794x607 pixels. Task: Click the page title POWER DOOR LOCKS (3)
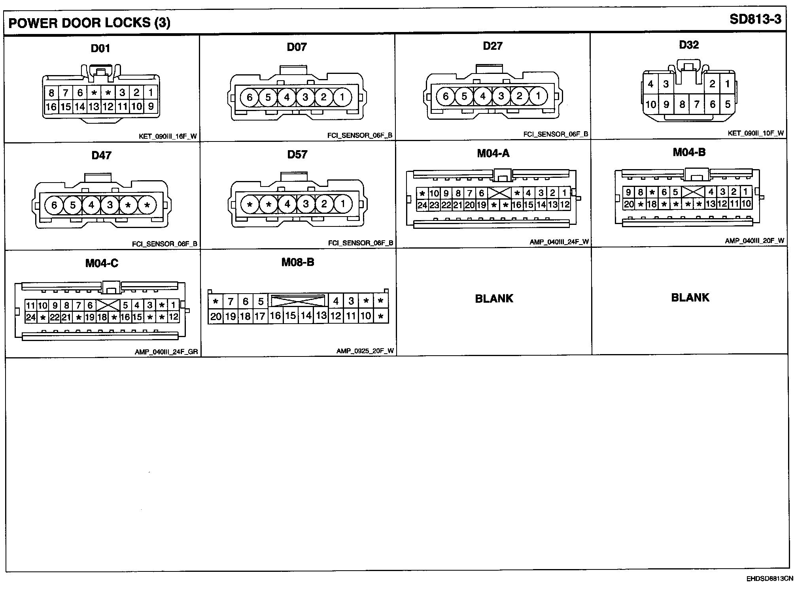(89, 23)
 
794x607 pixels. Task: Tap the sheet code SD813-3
(755, 19)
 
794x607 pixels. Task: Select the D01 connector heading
(100, 48)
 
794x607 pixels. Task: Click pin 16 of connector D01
(51, 106)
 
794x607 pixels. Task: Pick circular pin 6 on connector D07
(250, 97)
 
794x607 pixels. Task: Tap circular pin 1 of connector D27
(538, 96)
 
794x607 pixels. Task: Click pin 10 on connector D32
(650, 104)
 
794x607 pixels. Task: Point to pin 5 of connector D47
(73, 205)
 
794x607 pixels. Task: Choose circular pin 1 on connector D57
(342, 204)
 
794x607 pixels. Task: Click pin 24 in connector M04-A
(422, 205)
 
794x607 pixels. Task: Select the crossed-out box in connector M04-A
(499, 193)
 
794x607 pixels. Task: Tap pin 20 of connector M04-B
(629, 204)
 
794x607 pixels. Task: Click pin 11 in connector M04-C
(30, 305)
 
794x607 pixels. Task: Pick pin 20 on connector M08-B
(216, 317)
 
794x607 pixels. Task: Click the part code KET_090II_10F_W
(755, 133)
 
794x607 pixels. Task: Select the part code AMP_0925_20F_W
(365, 351)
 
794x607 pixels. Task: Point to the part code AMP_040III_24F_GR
(166, 352)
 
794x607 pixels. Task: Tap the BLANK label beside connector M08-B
(494, 298)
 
